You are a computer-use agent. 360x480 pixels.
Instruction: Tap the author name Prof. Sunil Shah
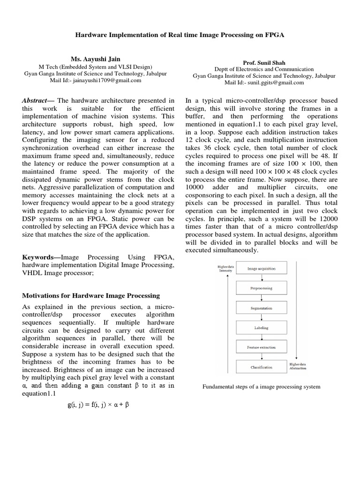pos(261,62)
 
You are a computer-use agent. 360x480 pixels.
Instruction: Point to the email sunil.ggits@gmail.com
pos(264,82)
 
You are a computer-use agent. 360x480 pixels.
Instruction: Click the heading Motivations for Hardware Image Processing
pos(91,296)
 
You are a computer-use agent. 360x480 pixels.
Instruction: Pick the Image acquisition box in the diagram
pos(261,269)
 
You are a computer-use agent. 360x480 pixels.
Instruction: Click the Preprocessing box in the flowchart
pos(261,288)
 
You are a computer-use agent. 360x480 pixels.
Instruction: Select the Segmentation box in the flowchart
pos(261,308)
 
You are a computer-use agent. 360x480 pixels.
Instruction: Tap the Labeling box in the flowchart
pos(261,328)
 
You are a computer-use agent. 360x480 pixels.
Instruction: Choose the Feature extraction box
pos(261,347)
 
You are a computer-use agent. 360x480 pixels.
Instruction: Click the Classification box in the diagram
pos(261,367)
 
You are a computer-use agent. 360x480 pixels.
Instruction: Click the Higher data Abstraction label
pos(298,366)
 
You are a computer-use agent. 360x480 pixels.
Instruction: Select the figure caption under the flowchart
pos(261,387)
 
